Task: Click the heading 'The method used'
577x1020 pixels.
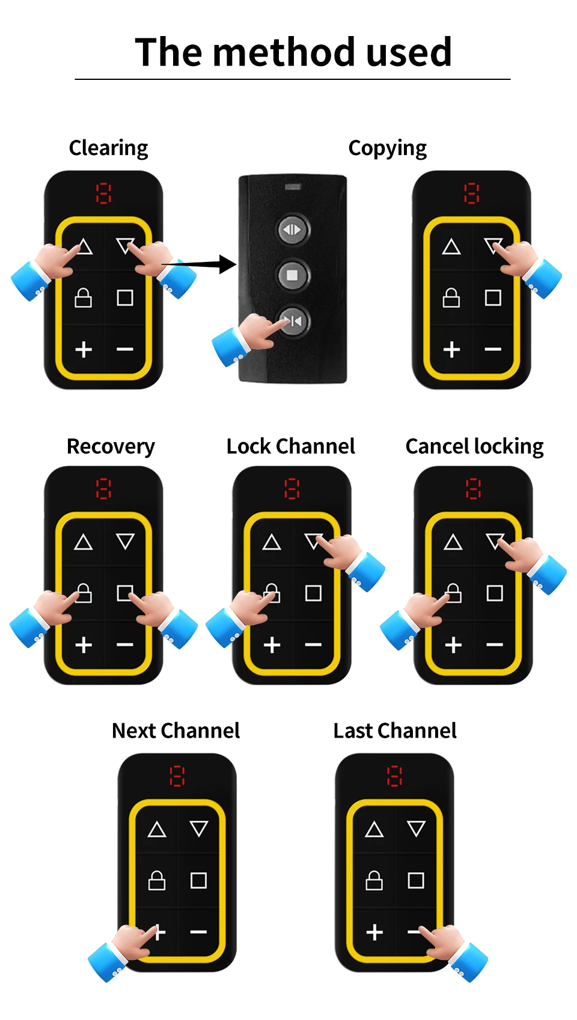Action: [x=293, y=52]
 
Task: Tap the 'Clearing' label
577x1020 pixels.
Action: [x=108, y=148]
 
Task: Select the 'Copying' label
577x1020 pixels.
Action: [x=387, y=148]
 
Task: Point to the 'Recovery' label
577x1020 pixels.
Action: [x=111, y=446]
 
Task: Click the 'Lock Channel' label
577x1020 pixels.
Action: [x=290, y=446]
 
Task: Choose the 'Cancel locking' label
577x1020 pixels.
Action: [x=474, y=446]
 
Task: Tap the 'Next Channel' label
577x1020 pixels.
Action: [x=176, y=730]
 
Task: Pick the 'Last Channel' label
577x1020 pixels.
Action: [x=395, y=730]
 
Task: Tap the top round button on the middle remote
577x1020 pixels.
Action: [x=293, y=229]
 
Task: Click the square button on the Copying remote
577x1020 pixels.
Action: [x=493, y=298]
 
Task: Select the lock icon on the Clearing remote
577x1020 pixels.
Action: [x=83, y=298]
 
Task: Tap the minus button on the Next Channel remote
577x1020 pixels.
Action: [x=198, y=932]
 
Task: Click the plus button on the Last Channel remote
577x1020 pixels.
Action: [x=374, y=932]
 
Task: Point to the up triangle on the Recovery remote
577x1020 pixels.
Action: [x=83, y=542]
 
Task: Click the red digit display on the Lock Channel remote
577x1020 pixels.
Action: [x=292, y=488]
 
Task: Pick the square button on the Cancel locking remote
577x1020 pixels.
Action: [x=495, y=593]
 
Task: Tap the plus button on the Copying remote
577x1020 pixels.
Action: [x=451, y=350]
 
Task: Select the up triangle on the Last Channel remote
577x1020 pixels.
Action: [x=374, y=830]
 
